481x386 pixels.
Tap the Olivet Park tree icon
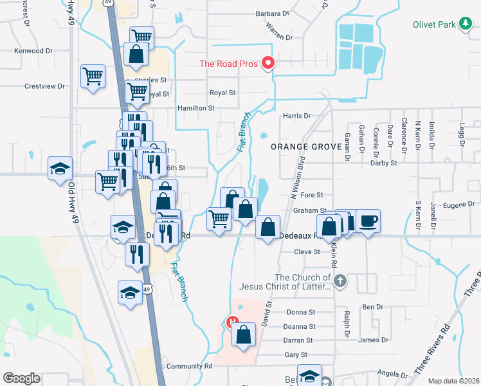click(x=466, y=24)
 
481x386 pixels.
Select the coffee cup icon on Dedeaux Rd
click(x=368, y=221)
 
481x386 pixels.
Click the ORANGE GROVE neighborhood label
click(x=305, y=147)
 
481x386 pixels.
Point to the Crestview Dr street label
click(x=45, y=86)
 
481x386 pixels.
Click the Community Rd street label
click(x=189, y=366)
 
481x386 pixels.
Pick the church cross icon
click(x=340, y=280)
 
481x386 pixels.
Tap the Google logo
click(x=21, y=378)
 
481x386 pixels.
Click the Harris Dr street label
click(x=296, y=116)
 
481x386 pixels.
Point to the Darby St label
click(x=384, y=163)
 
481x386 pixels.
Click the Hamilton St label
click(x=196, y=108)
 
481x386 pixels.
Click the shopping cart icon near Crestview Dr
click(x=93, y=77)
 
